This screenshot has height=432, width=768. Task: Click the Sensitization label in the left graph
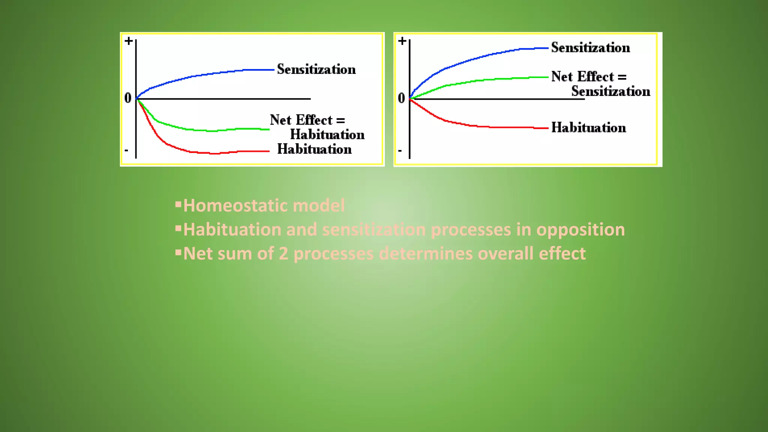pyautogui.click(x=316, y=69)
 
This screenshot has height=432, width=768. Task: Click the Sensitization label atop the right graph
pyautogui.click(x=590, y=48)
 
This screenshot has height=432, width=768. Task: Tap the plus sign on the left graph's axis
pyautogui.click(x=129, y=40)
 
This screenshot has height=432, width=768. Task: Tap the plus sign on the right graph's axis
pyautogui.click(x=402, y=40)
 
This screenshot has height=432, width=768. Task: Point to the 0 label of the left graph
pyautogui.click(x=128, y=98)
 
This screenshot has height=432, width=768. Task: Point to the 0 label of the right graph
pyautogui.click(x=401, y=98)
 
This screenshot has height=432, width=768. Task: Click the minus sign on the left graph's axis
pyautogui.click(x=126, y=151)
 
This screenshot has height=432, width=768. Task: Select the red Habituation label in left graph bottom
pyautogui.click(x=314, y=149)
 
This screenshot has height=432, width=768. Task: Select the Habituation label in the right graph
pyautogui.click(x=588, y=128)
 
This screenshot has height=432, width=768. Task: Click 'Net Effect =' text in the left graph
pyautogui.click(x=307, y=120)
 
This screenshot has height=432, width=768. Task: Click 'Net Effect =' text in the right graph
pyautogui.click(x=588, y=76)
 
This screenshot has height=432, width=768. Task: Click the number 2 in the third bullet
pyautogui.click(x=283, y=253)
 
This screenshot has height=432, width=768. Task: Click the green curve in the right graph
pyautogui.click(x=487, y=79)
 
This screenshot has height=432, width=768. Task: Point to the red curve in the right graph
pyautogui.click(x=487, y=127)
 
